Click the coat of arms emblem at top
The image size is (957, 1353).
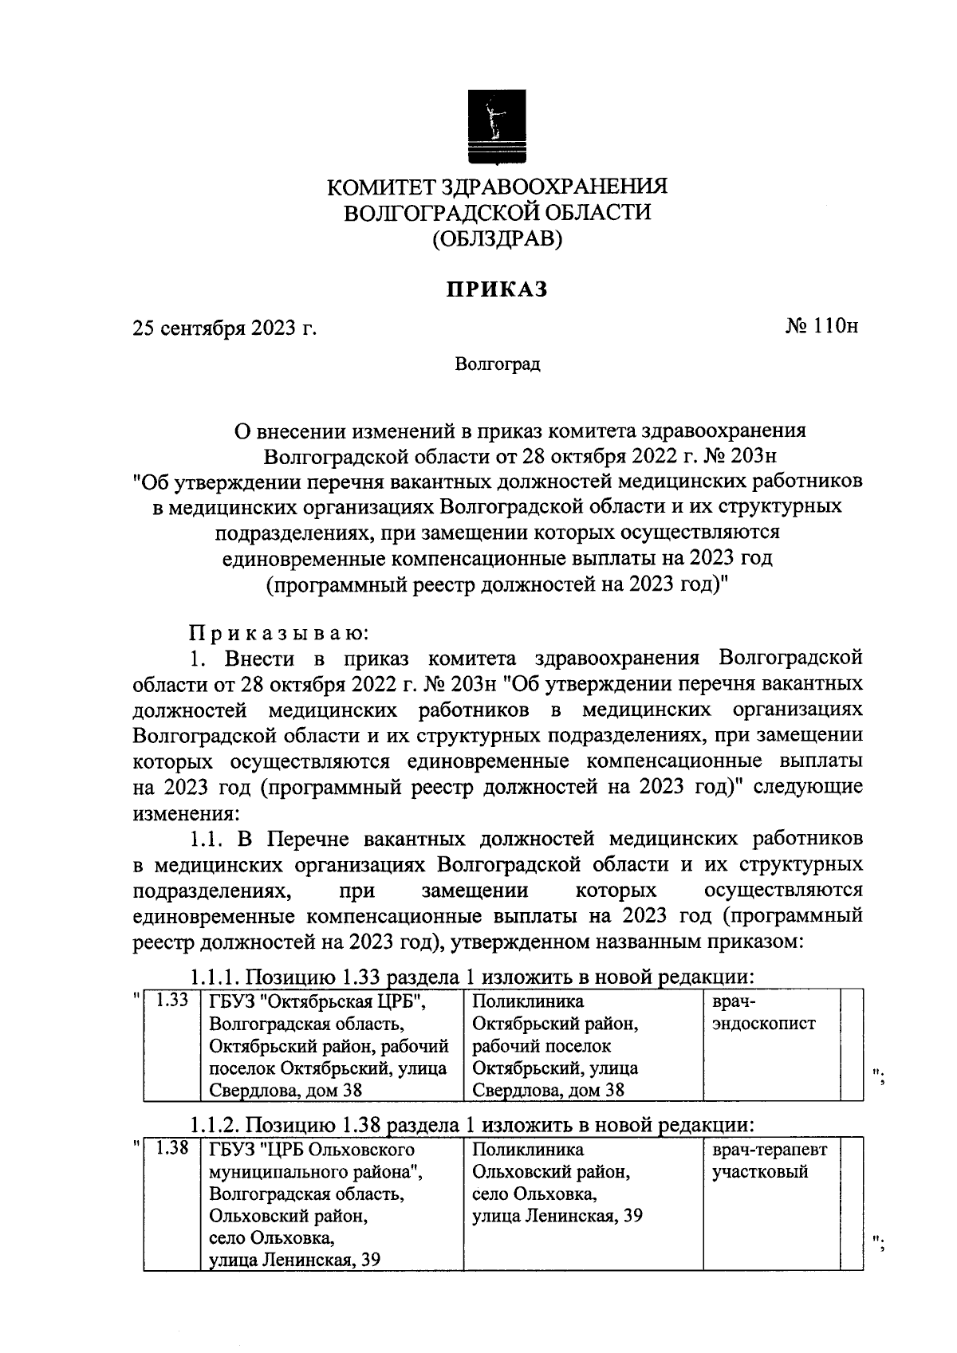[x=498, y=127]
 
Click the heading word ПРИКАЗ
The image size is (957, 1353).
[x=497, y=289]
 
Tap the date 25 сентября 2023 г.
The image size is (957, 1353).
[x=225, y=328]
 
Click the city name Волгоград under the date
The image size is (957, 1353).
[x=498, y=364]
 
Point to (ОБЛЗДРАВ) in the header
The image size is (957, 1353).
[x=498, y=238]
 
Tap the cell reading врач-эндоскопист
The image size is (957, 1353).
[x=763, y=1013]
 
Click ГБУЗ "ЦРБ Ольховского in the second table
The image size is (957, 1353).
[x=312, y=1150]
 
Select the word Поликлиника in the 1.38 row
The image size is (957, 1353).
[x=527, y=1150]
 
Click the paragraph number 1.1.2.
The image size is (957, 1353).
[x=215, y=1125]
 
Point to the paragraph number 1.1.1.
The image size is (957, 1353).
[x=215, y=977]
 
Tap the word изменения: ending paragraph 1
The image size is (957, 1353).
[x=185, y=814]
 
